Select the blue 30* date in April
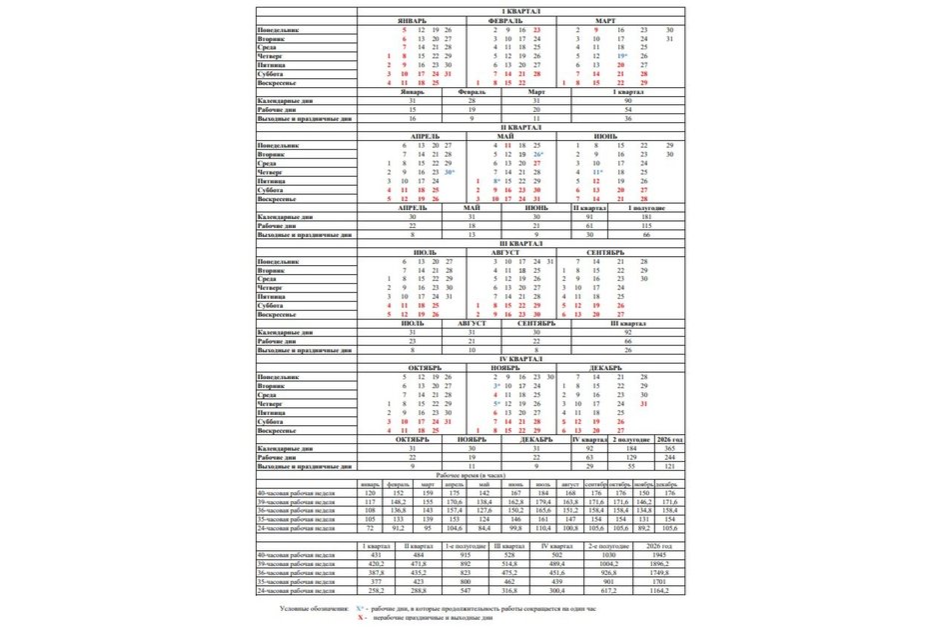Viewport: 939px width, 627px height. coord(450,172)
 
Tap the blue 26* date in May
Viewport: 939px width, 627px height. coord(538,154)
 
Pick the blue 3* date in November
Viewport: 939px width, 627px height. coord(496,385)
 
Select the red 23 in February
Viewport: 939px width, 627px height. coord(537,30)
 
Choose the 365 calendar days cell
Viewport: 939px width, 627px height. coord(670,449)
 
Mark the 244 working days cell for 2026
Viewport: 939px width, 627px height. coord(670,458)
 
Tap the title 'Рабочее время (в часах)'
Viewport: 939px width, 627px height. coord(471,474)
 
